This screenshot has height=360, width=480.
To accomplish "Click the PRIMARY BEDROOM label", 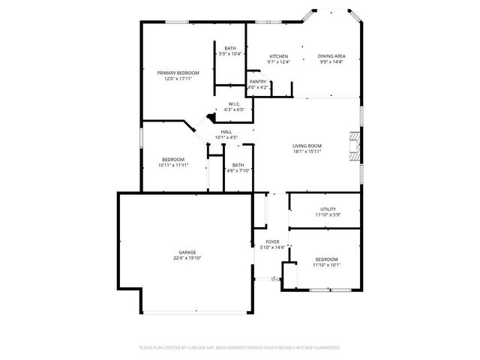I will (178, 73).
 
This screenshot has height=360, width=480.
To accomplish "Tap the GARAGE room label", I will (187, 252).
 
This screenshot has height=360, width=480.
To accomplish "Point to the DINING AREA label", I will (331, 56).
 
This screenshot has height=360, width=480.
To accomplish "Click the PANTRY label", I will (258, 82).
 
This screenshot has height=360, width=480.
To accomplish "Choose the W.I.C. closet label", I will (234, 103).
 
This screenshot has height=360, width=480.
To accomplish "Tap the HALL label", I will (226, 131).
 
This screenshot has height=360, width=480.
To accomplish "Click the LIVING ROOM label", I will (307, 145).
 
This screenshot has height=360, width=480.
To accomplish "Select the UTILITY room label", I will (328, 209).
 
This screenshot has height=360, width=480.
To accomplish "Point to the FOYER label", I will (272, 241).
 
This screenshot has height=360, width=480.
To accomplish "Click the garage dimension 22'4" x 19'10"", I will (187, 258).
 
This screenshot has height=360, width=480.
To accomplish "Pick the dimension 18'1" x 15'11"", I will (307, 151).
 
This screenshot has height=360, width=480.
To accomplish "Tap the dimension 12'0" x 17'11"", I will (178, 79).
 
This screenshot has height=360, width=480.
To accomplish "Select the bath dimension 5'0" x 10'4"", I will (229, 55).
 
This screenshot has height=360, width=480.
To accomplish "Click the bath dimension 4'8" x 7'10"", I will (238, 170).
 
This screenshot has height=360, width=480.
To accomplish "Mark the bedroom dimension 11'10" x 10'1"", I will (326, 265).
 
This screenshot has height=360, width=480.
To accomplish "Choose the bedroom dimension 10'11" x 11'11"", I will (173, 165).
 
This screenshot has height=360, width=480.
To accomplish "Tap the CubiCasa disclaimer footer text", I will (240, 347).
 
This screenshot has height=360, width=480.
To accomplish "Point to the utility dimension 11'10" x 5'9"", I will (328, 215).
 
